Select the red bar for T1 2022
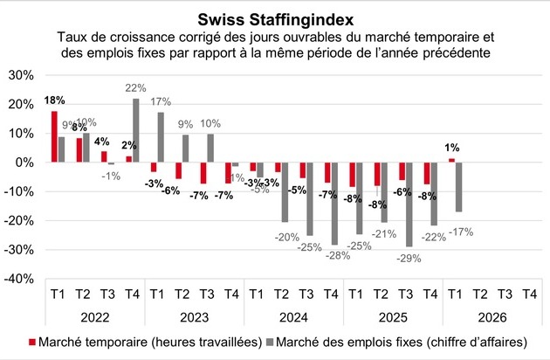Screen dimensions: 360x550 (x=54, y=137)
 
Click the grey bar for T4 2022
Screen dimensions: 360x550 (x=136, y=131)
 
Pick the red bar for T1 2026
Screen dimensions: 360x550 (x=451, y=161)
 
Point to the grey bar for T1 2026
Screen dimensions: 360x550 (x=459, y=187)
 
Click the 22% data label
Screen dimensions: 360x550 (x=135, y=88)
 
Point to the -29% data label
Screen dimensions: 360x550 (x=409, y=259)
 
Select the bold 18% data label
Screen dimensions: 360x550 (x=53, y=100)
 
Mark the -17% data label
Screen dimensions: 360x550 (x=460, y=232)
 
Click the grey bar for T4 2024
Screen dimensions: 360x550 (x=335, y=203)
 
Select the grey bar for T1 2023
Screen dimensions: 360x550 (x=161, y=137)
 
